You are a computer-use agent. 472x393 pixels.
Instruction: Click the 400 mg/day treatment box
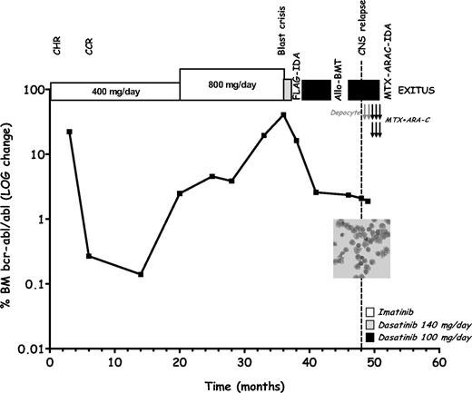coord(115,92)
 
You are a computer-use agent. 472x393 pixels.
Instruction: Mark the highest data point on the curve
coord(283,114)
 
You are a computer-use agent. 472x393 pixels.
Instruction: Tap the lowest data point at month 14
coord(141,275)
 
